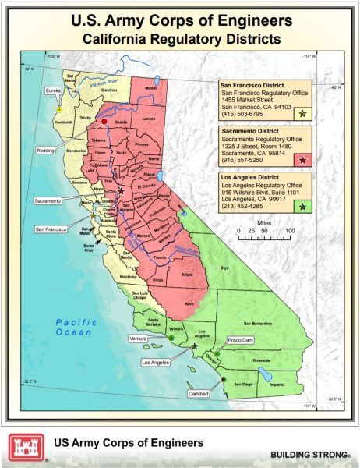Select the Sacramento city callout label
coord(48,201)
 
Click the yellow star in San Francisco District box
coord(302,113)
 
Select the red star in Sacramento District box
coord(302,159)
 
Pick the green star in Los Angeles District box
coord(302,205)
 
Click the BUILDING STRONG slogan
coord(310,453)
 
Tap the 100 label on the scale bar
coord(289,232)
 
